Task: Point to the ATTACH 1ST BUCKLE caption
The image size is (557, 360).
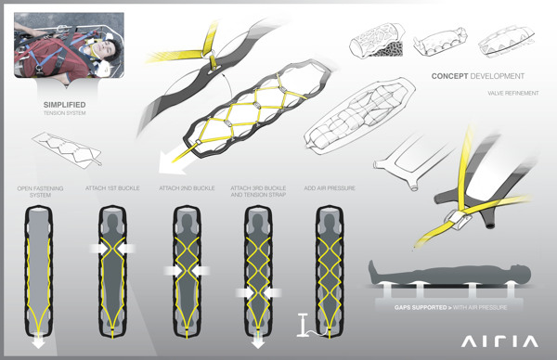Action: click(112, 188)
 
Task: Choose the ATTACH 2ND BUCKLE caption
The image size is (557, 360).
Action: click(186, 188)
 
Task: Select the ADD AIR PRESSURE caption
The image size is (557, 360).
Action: click(329, 188)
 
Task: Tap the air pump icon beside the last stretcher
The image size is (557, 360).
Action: click(303, 328)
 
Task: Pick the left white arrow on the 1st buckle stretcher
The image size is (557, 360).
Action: click(96, 249)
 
